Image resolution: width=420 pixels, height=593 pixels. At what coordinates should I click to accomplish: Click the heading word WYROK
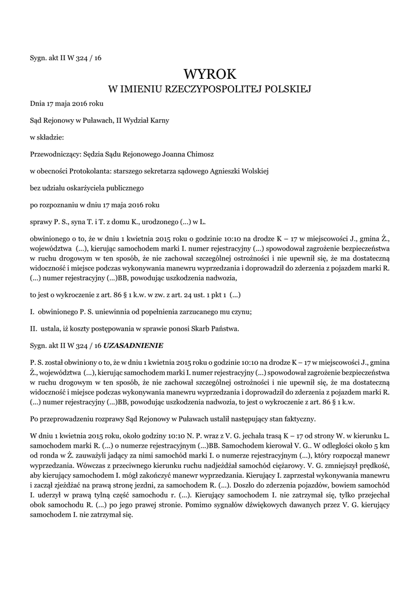pos(210,74)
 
